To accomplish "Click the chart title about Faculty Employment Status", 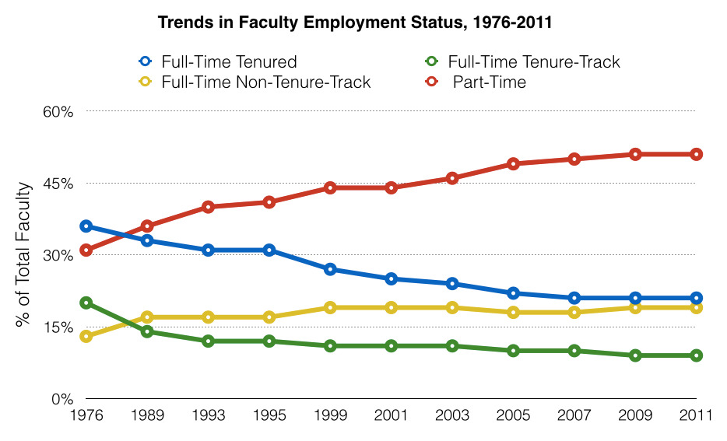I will coord(354,23).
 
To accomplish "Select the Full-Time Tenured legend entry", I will coord(218,61).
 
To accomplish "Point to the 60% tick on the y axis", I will coord(58,111).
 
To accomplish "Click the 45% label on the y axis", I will coord(58,184).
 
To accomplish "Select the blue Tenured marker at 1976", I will coord(86,226).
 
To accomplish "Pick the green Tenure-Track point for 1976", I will coord(86,303).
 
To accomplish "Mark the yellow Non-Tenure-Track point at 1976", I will coord(86,337).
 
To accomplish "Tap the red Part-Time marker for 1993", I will coord(208,207).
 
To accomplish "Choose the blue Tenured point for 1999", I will coord(330,269).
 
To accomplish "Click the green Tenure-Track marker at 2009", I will coord(635,355).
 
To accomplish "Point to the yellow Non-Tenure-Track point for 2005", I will coord(513,313).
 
